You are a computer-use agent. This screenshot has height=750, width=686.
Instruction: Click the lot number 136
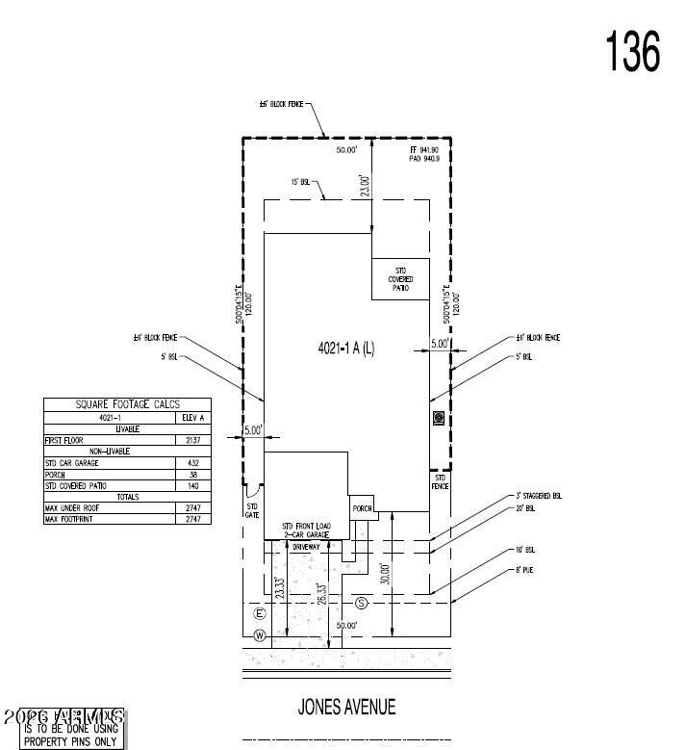pyautogui.click(x=632, y=51)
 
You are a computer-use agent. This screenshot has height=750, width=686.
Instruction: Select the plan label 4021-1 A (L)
pyautogui.click(x=346, y=348)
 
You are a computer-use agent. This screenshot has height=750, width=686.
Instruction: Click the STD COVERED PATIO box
pyautogui.click(x=401, y=279)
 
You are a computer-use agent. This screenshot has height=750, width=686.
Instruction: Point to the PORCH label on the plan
pyautogui.click(x=362, y=509)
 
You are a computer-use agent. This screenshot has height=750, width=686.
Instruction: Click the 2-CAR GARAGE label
pyautogui.click(x=306, y=532)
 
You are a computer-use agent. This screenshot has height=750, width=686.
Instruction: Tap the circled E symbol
pyautogui.click(x=258, y=613)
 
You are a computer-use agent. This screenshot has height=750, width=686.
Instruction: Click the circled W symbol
pyautogui.click(x=258, y=634)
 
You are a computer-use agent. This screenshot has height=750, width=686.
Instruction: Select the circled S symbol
pyautogui.click(x=362, y=604)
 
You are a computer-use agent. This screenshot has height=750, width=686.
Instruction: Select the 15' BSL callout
pyautogui.click(x=300, y=181)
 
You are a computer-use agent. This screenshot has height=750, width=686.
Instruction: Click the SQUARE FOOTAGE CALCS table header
pyautogui.click(x=128, y=404)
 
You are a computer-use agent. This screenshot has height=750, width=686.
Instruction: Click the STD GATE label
pyautogui.click(x=252, y=510)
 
